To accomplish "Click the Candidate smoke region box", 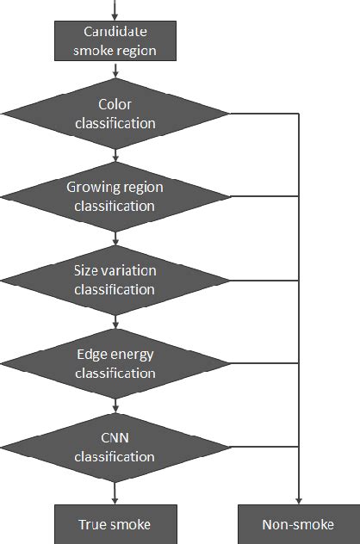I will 115,40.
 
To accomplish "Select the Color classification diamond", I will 115,114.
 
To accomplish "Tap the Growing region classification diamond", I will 115,197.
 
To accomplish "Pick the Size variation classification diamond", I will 115,281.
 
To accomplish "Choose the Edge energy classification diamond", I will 115,364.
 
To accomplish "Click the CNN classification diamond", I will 115,448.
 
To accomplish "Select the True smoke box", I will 115,524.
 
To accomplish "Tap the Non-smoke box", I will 298,524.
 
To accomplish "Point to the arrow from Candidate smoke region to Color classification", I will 115,69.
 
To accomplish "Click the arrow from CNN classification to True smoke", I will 115,491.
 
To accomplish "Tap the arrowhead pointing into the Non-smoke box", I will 298,500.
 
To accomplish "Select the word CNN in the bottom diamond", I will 115,439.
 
